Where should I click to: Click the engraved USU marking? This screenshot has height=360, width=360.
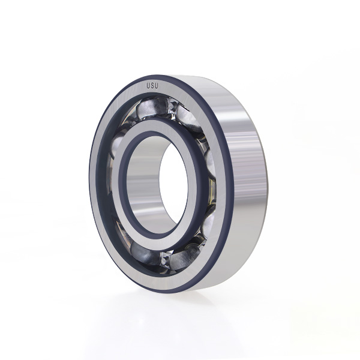(152, 86)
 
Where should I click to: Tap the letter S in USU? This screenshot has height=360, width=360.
(152, 86)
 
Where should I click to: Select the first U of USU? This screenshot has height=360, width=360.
(149, 86)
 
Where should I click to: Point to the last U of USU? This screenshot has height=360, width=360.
(157, 86)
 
